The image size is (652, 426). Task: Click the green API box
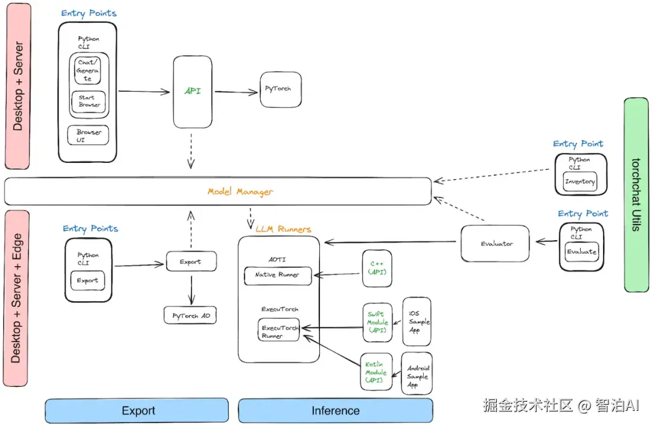tap(193, 92)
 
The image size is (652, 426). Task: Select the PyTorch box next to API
tap(281, 89)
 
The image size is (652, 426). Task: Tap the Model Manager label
tap(240, 192)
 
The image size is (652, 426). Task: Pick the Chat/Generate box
tap(88, 70)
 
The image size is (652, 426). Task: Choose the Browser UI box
tap(88, 136)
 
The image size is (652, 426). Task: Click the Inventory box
tap(580, 182)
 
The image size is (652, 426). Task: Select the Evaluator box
tap(495, 244)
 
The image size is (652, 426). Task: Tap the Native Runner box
tap(278, 276)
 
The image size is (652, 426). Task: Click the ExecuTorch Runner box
tap(278, 330)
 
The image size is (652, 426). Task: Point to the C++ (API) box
tap(377, 269)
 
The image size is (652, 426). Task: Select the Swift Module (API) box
tap(377, 322)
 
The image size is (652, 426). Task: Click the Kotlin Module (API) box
tap(376, 372)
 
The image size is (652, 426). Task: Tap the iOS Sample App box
tap(417, 321)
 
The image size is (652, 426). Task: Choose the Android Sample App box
tap(417, 374)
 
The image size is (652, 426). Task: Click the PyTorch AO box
tap(190, 316)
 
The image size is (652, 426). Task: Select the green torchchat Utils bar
tap(636, 195)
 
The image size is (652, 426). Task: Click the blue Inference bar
tap(336, 411)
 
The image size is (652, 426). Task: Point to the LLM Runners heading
tap(283, 229)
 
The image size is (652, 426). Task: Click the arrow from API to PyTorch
tap(236, 92)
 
